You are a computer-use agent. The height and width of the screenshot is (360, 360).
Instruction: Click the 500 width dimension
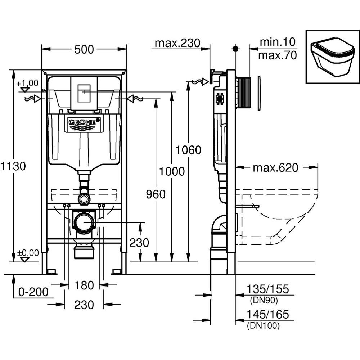pos(84,50)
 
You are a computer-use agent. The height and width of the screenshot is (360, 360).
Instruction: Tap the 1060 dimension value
pos(188,149)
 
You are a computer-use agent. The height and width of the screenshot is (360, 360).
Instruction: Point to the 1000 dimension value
pos(172,171)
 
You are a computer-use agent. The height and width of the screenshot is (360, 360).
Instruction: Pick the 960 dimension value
pos(156,194)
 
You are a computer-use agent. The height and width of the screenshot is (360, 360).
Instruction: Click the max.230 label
pos(177,43)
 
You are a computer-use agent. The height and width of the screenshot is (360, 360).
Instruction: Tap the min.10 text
pos(278,42)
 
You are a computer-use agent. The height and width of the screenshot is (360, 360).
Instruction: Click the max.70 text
pos(278,55)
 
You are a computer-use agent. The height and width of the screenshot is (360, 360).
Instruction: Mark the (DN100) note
pos(263,326)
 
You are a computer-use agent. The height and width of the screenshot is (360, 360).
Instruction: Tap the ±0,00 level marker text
pos(28,253)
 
